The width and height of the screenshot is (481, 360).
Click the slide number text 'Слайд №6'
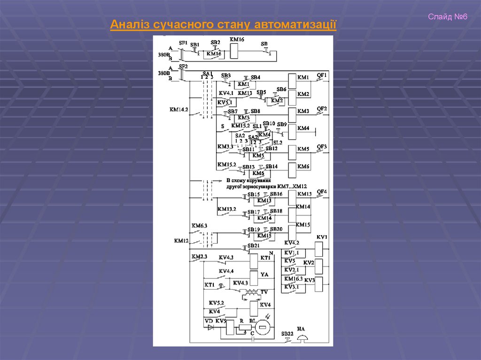448,17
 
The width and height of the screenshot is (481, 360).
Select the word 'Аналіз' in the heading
128,24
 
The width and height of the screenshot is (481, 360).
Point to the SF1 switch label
183,42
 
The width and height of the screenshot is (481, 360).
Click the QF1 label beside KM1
322,75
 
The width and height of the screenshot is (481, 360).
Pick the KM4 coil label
303,128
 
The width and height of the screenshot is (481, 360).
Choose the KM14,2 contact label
178,109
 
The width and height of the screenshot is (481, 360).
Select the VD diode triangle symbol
210,327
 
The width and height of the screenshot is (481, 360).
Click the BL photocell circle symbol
264,328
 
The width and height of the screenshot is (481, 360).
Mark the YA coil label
265,276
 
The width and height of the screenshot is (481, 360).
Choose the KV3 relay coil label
309,280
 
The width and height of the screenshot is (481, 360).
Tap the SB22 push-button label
287,333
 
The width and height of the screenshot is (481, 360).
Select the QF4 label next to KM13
322,191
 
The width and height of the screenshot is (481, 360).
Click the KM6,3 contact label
199,226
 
